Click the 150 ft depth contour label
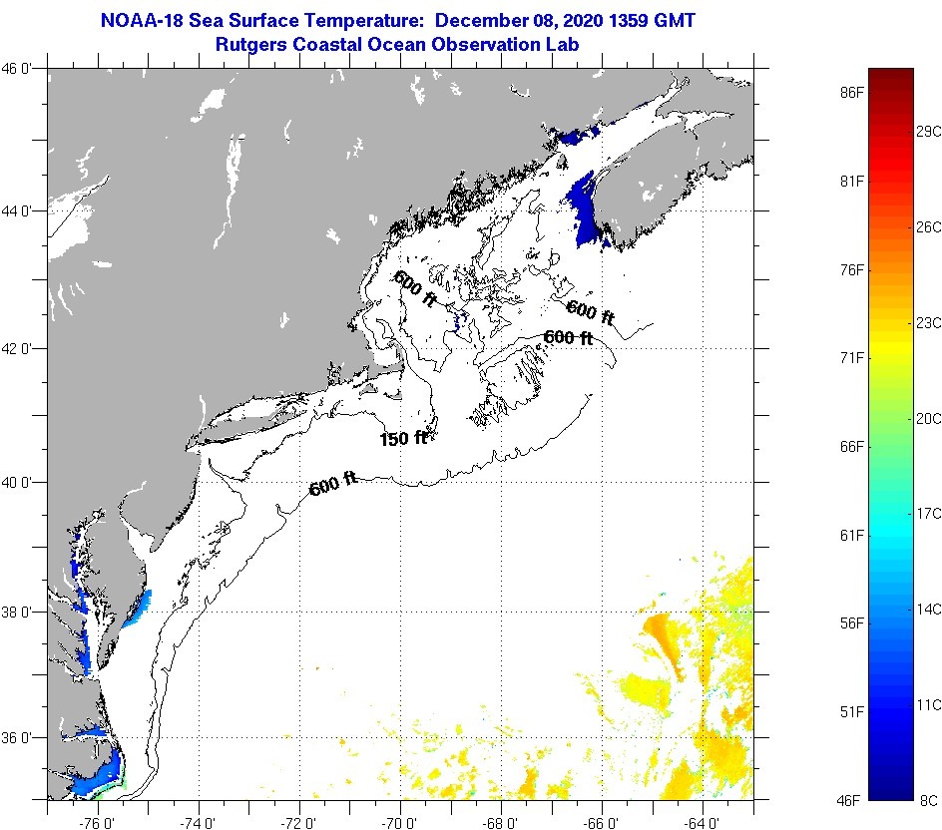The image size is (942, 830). [403, 438]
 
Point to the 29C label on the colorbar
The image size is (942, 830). [929, 132]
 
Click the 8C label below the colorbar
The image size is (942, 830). [928, 800]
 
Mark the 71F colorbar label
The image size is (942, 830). [851, 357]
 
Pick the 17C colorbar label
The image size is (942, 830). [929, 513]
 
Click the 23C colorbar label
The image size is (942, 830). [929, 322]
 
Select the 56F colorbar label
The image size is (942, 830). [851, 623]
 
